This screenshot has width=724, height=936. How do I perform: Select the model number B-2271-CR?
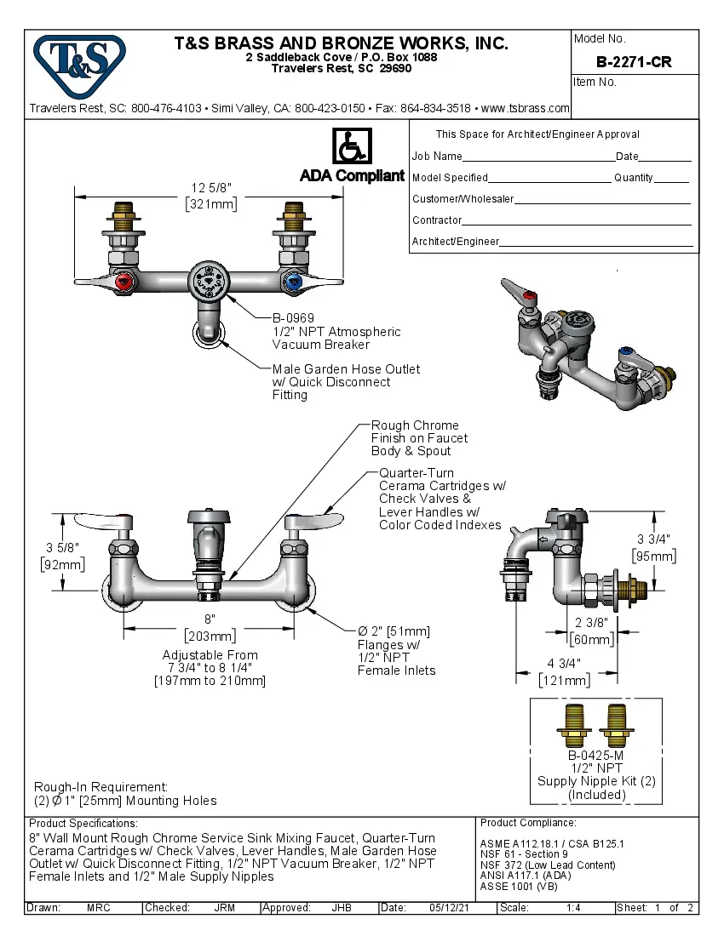[x=634, y=62]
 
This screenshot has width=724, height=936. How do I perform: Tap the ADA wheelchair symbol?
[x=351, y=146]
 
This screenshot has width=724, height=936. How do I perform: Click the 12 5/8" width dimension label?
[x=210, y=187]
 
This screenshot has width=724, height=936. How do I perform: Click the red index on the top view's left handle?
[x=124, y=282]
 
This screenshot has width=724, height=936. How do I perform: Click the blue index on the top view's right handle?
[x=295, y=282]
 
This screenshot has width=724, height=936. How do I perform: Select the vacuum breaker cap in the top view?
[x=210, y=279]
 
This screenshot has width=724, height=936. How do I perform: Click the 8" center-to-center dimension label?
[x=210, y=619]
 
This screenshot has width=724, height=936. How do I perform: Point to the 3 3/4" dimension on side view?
[x=653, y=539]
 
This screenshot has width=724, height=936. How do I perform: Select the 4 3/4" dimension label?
[x=564, y=664]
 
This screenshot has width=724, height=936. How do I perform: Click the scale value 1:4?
[x=573, y=908]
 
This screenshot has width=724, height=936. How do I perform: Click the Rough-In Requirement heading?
[x=101, y=787]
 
